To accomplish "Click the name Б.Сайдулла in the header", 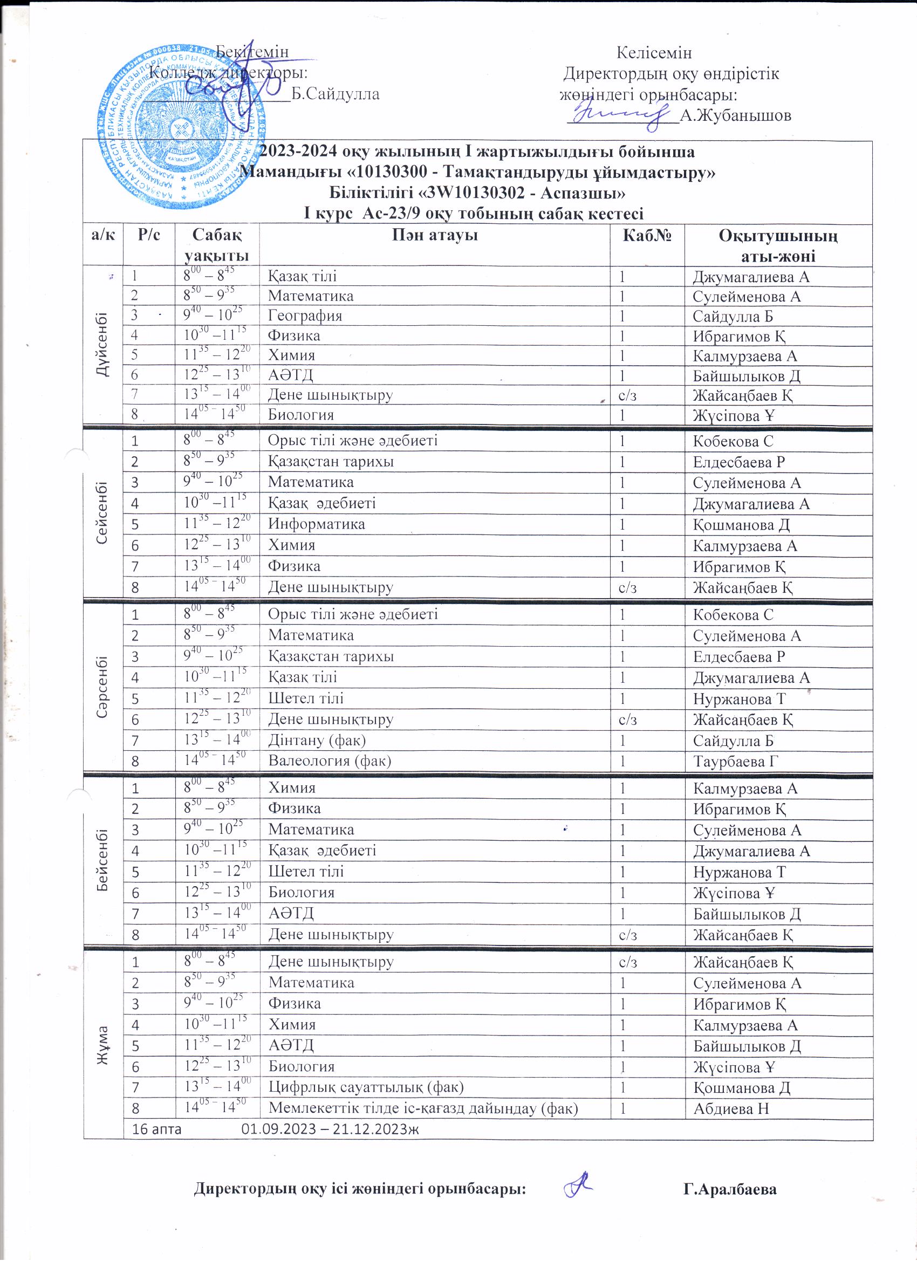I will tap(336, 94).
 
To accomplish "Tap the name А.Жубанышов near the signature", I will tap(735, 115).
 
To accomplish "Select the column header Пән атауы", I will tap(434, 236).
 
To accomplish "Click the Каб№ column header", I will tap(647, 236).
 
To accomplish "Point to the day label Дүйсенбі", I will tap(103, 345).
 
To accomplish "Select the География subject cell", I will tap(305, 316).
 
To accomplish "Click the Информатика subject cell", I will tap(317, 524).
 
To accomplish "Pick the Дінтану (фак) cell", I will tap(317, 740).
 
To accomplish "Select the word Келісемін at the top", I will tap(654, 53).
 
